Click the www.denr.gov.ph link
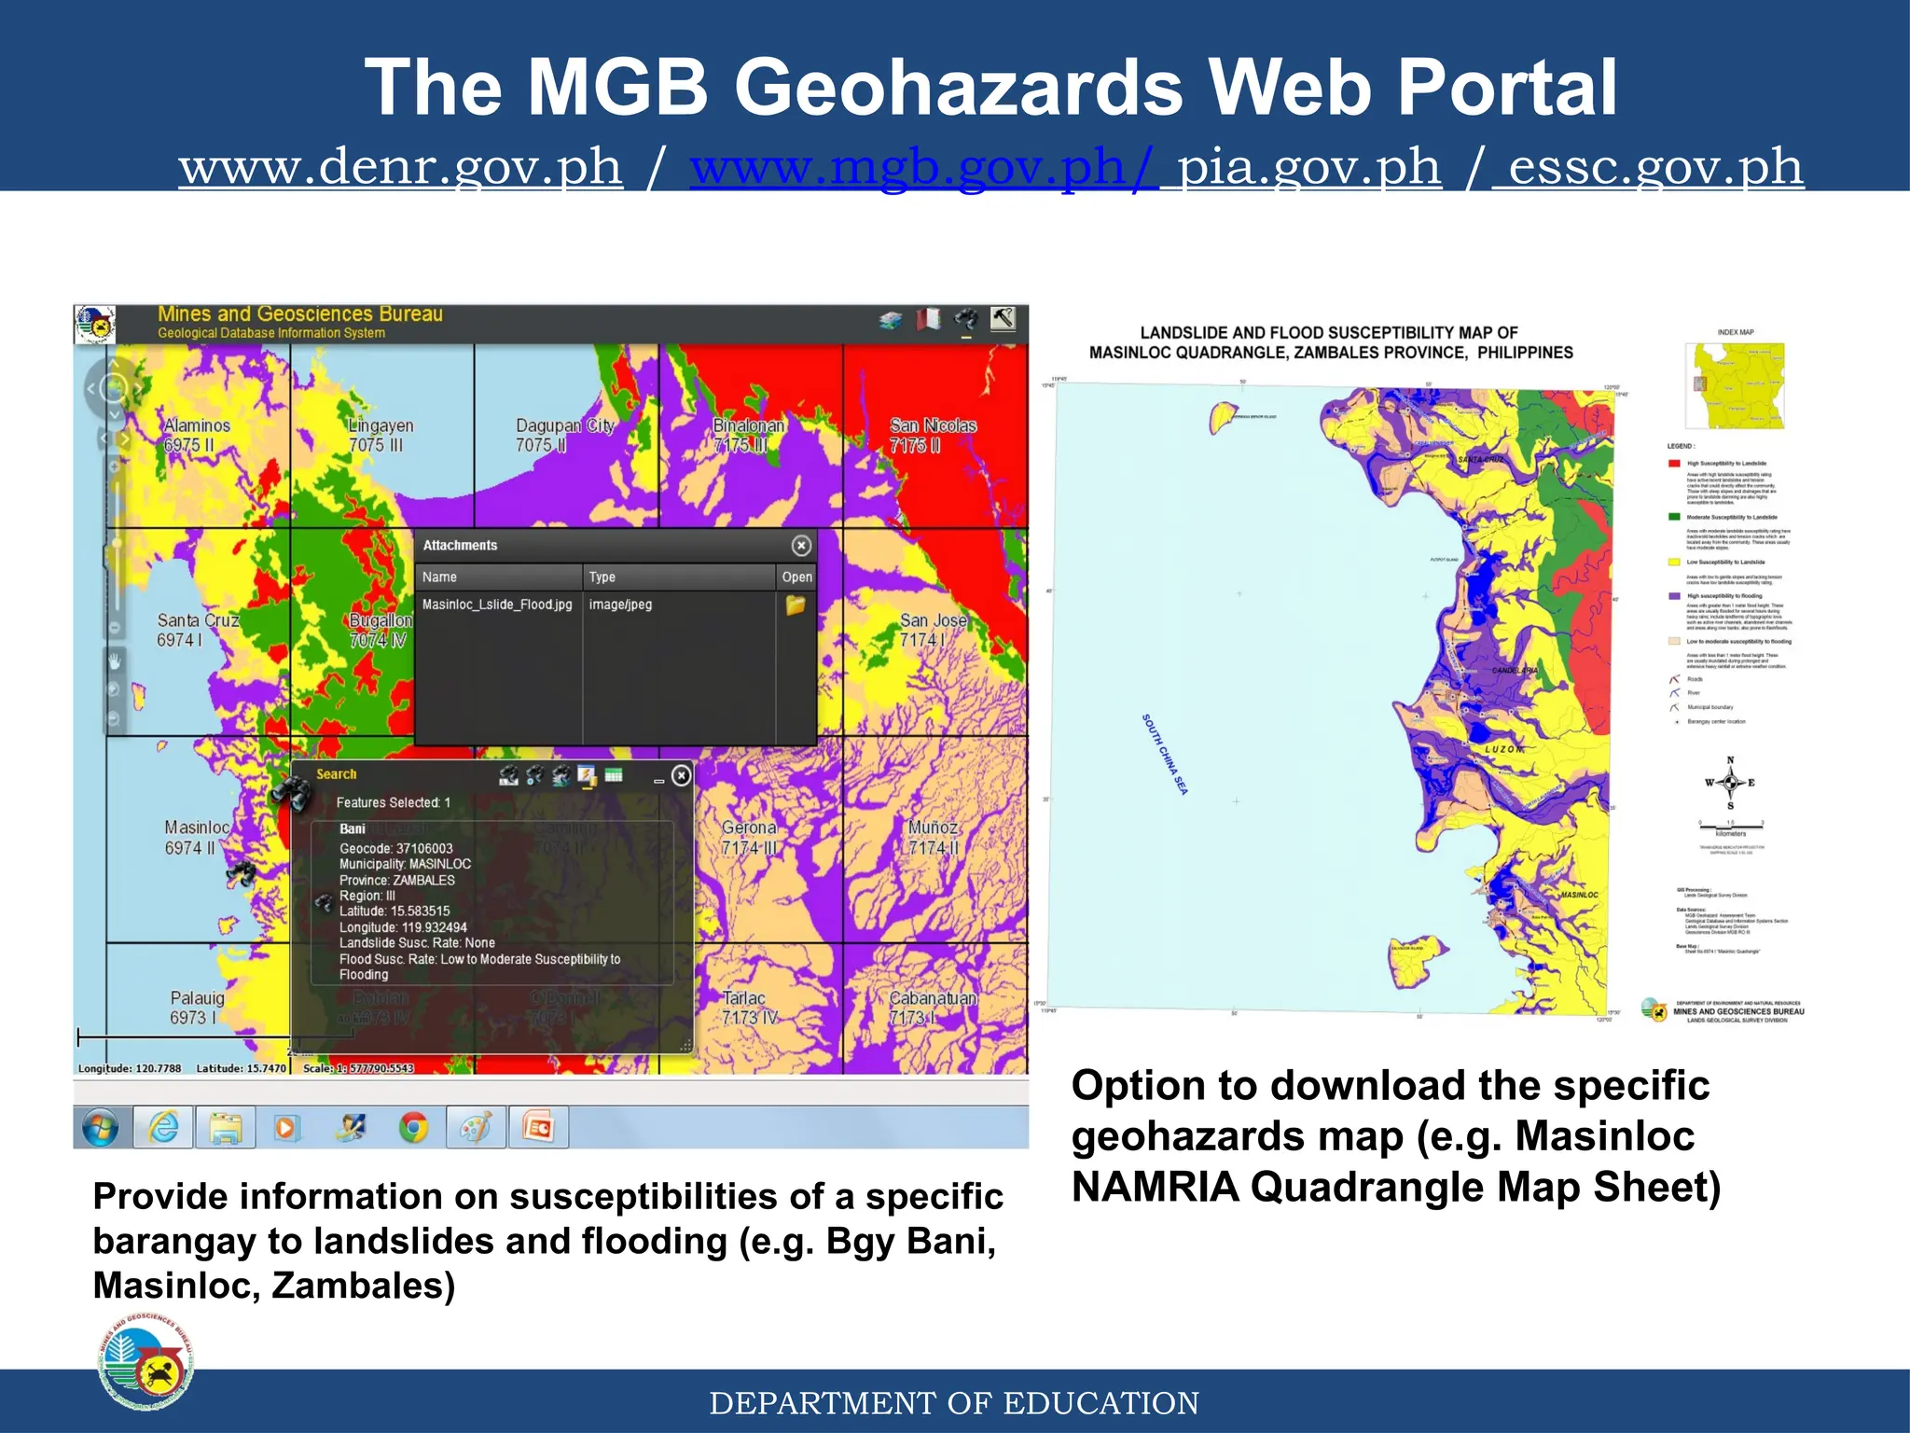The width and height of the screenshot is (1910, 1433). (x=400, y=168)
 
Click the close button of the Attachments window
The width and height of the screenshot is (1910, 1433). (x=801, y=546)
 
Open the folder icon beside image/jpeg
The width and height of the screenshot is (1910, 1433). (x=796, y=605)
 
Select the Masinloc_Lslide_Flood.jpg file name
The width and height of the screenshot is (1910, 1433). (x=497, y=605)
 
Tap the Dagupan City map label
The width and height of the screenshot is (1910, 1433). (x=564, y=435)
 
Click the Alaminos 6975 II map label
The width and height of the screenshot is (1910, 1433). (x=197, y=435)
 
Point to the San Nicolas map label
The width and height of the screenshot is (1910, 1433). (x=932, y=435)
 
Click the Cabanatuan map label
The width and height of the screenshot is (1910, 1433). (x=932, y=1008)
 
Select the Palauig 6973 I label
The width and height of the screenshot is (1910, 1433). (x=196, y=1008)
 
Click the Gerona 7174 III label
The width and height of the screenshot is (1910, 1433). (x=748, y=837)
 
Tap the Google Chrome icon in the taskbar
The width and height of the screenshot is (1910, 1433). (x=413, y=1128)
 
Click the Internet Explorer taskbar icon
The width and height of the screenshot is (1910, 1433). (x=164, y=1128)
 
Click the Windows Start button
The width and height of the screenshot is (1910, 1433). (x=101, y=1128)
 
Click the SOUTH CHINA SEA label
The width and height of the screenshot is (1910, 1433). (x=1164, y=754)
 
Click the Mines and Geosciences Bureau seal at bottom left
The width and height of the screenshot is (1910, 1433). (x=145, y=1361)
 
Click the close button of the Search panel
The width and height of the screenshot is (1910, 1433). (x=682, y=775)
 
